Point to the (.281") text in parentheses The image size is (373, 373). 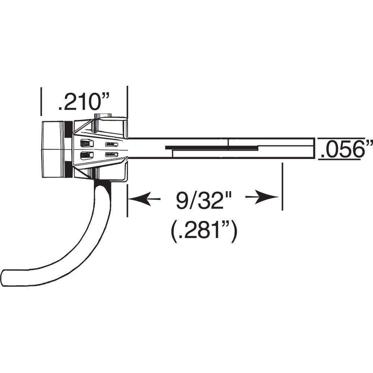point(202,232)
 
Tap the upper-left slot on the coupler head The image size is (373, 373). point(85,143)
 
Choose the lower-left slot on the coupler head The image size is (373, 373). point(85,155)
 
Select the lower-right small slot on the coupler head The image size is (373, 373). point(112,154)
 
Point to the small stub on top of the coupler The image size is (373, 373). point(103,116)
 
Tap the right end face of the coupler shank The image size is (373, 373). point(314,148)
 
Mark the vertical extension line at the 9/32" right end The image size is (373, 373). point(282,186)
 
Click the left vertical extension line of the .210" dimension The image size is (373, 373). point(41,101)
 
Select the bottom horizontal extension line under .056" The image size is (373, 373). point(339,160)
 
